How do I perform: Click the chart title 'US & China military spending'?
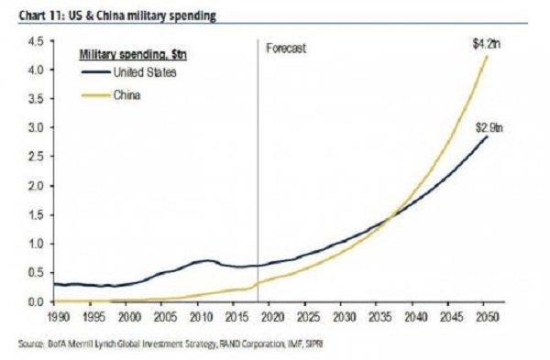[142, 16]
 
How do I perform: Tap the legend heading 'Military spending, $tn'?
[133, 55]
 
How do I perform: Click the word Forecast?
[286, 48]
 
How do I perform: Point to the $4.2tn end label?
[487, 44]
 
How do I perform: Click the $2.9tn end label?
[489, 127]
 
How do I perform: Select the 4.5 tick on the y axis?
[36, 41]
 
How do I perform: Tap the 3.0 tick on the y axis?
[36, 127]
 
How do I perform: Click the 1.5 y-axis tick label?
[36, 214]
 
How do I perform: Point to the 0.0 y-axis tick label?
[36, 301]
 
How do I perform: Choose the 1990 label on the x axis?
[58, 317]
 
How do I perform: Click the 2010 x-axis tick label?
[201, 317]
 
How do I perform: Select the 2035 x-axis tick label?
[380, 317]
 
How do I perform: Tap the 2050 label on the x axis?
[487, 317]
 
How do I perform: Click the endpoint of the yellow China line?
[487, 56]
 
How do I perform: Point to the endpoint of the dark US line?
[487, 136]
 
